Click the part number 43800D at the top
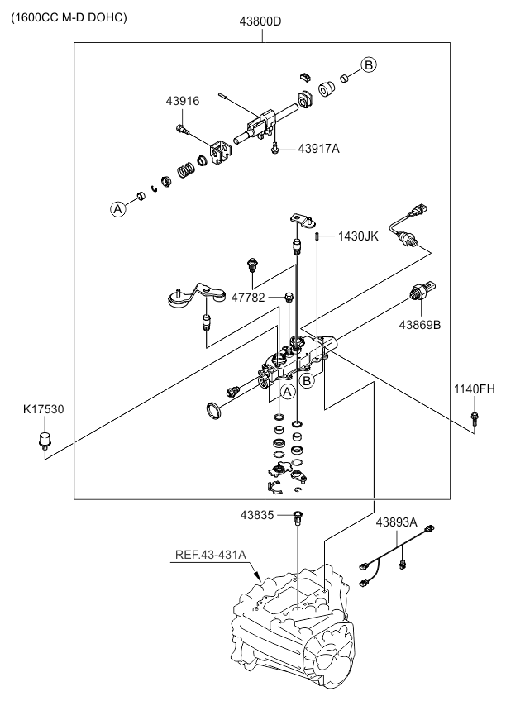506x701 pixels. point(260,21)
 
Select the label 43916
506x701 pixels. point(183,101)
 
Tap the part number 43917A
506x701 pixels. point(318,149)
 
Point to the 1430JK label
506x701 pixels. point(358,236)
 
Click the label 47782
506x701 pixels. point(248,298)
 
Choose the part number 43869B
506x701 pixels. point(420,325)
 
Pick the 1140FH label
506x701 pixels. point(475,389)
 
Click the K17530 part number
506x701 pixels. point(43,409)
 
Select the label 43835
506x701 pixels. point(257,516)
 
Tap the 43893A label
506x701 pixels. point(397,522)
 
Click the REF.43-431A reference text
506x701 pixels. point(211,555)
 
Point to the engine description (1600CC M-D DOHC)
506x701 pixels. point(69,17)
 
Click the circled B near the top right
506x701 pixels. point(369,64)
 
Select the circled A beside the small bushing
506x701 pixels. point(117,209)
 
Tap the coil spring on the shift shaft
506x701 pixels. point(187,169)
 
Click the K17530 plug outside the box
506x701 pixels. point(45,440)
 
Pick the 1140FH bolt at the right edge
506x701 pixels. point(475,419)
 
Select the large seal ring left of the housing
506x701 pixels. point(214,410)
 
